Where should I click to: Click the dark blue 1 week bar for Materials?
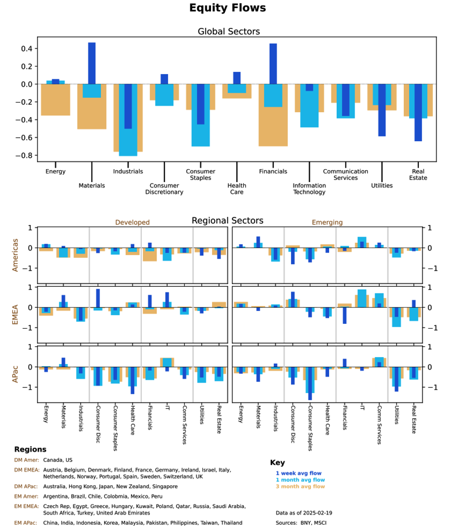tap(92, 63)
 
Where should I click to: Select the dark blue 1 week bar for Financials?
tap(273, 64)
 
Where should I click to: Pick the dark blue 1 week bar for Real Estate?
tap(418, 112)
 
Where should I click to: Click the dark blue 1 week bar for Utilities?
tap(382, 110)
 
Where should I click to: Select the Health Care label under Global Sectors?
tap(237, 189)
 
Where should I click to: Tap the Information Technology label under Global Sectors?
tap(309, 189)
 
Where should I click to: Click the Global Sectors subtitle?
tap(229, 31)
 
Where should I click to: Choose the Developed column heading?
tap(133, 223)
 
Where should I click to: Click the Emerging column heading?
tap(327, 223)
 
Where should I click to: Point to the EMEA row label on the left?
tap(15, 307)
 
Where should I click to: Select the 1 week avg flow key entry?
tap(298, 473)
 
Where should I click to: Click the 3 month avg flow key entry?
tap(300, 486)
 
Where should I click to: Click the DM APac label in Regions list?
tap(26, 487)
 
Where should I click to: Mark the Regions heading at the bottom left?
tap(30, 449)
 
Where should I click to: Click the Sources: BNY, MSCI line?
tap(301, 522)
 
